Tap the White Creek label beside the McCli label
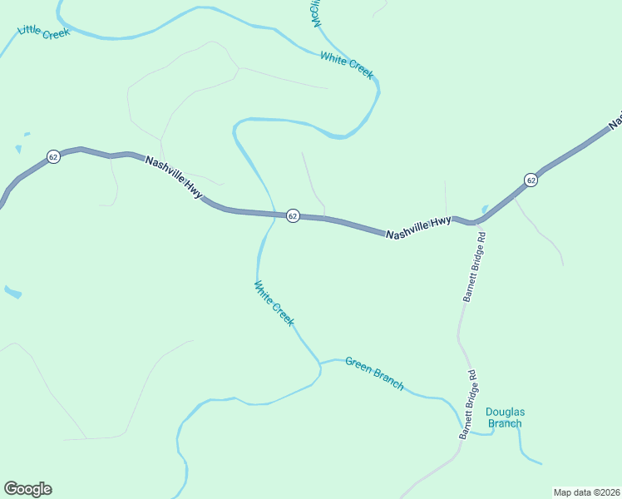tap(347, 65)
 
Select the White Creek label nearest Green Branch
tap(274, 304)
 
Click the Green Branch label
tap(374, 373)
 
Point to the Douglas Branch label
tap(505, 417)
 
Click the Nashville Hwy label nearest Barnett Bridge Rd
tap(418, 228)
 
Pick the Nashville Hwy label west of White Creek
tap(174, 177)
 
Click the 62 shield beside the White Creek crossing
tap(293, 215)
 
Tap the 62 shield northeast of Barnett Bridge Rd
tap(531, 180)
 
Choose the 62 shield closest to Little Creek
tap(53, 156)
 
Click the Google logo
tap(27, 489)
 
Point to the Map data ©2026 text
tap(587, 492)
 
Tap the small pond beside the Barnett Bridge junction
tap(485, 209)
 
